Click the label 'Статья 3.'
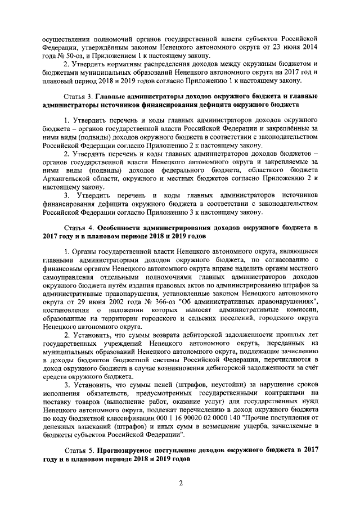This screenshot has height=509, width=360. click(x=79, y=96)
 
